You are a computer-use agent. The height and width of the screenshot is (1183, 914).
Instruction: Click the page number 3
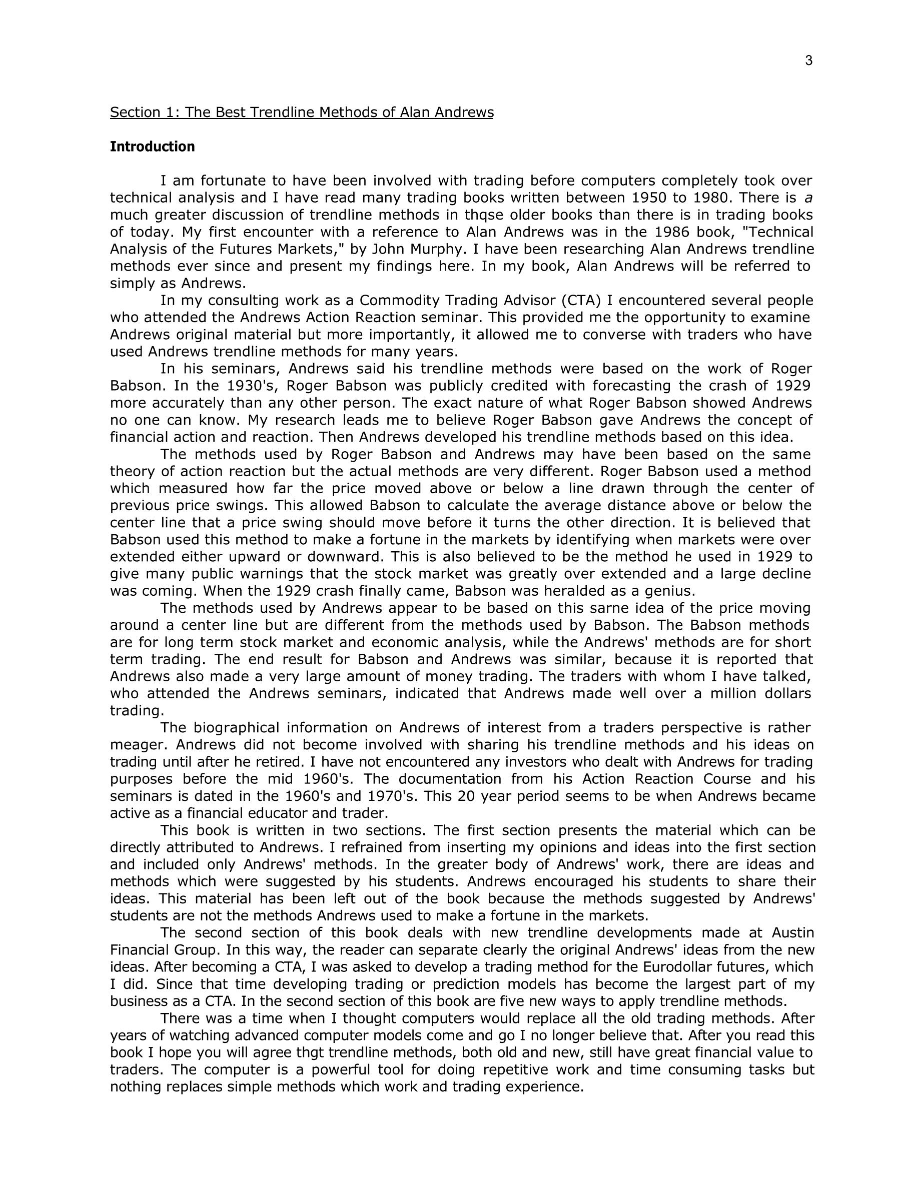click(x=808, y=61)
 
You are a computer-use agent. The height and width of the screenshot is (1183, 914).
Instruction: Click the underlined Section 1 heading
click(x=302, y=112)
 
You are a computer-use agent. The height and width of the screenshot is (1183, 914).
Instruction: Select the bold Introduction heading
click(x=152, y=147)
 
